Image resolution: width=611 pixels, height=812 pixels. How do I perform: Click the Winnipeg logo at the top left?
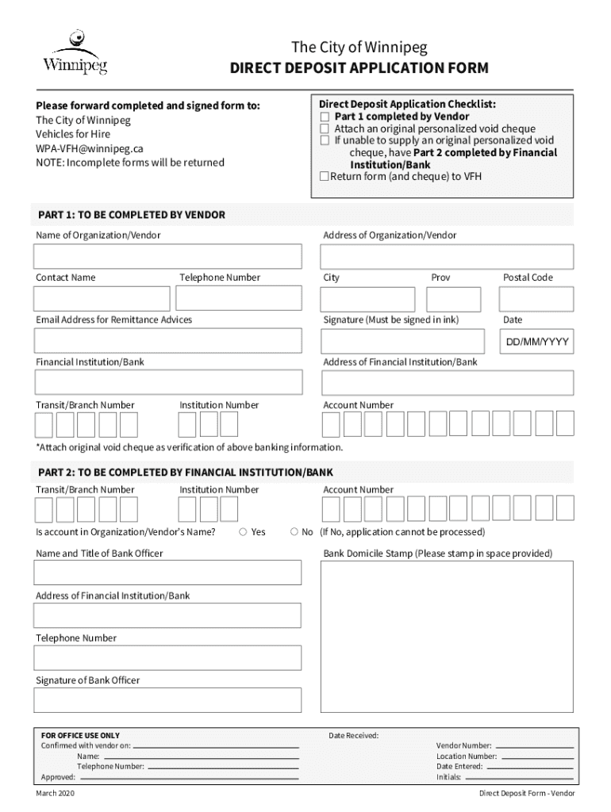coord(75,52)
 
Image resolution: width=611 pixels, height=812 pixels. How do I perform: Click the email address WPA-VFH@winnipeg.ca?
coord(89,148)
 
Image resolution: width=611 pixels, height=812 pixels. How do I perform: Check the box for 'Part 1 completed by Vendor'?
coord(324,117)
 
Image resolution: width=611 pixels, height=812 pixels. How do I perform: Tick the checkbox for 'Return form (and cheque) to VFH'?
coord(324,176)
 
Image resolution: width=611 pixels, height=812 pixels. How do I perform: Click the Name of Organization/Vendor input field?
coord(167,257)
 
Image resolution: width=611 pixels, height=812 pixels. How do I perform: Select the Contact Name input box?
coord(102,299)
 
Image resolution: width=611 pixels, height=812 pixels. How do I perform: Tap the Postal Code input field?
coord(536,299)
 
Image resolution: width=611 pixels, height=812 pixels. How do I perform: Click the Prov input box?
coord(453,299)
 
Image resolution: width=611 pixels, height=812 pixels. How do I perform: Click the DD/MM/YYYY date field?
coord(536,343)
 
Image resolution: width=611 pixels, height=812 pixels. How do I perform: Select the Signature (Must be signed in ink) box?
coord(402,341)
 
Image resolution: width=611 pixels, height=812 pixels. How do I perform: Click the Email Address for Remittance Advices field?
coord(167,341)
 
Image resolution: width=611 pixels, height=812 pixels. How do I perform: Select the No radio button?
coord(294,532)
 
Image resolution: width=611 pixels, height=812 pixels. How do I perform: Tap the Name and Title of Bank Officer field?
coord(167,573)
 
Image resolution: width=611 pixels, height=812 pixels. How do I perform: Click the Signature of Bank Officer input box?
coord(167,700)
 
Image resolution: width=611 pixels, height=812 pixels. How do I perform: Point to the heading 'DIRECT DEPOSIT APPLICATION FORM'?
coord(359,69)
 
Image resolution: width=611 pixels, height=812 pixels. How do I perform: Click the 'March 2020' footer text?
coord(56,794)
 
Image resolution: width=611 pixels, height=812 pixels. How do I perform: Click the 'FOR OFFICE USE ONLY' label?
coord(81,736)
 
